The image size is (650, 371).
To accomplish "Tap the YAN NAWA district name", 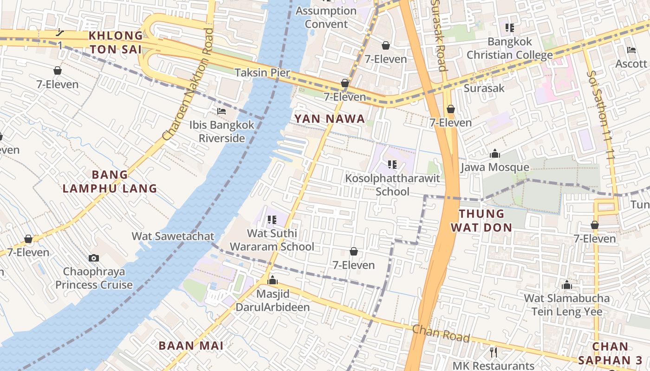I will click(x=329, y=119).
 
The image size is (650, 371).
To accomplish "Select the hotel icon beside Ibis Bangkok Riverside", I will click(x=221, y=111).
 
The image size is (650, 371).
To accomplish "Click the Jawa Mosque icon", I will click(x=495, y=154).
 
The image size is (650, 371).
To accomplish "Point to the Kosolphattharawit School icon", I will click(x=392, y=164).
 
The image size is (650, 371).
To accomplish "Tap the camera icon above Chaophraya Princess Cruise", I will click(x=94, y=258).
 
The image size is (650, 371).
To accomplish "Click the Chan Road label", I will click(x=441, y=333).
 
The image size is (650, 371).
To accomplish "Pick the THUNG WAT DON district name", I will click(x=485, y=220).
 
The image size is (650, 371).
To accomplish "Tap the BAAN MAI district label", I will click(x=191, y=345).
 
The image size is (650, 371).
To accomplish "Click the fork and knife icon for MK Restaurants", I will click(x=494, y=352).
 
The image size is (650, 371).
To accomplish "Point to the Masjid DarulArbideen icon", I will click(x=273, y=280).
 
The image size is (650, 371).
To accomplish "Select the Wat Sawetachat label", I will click(x=173, y=236).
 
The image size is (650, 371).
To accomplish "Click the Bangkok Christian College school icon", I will click(x=510, y=28).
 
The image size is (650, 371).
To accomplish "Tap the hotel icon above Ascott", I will click(x=631, y=50).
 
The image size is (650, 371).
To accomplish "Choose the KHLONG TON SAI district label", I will click(x=116, y=42).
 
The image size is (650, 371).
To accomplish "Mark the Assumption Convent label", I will click(x=326, y=17).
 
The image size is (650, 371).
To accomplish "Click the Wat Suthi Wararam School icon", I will click(x=272, y=219).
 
